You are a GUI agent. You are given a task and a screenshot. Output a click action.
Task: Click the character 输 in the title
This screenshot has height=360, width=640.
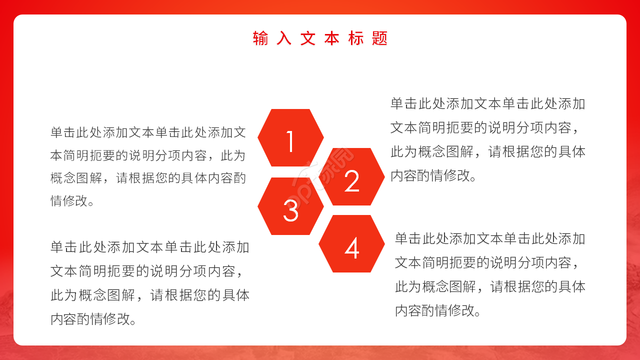coord(260,38)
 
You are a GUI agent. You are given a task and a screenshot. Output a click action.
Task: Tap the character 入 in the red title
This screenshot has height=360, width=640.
coord(284,38)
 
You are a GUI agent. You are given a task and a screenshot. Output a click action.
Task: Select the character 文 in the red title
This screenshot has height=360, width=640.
coord(307,38)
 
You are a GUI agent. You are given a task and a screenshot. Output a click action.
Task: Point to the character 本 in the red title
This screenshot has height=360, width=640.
coord(331,38)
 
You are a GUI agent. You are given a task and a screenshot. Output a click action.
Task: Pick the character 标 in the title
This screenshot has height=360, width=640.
coord(355,38)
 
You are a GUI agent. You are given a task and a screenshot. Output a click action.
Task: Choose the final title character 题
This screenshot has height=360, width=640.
coord(379,38)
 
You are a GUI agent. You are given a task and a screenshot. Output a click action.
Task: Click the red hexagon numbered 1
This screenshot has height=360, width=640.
coord(290,138)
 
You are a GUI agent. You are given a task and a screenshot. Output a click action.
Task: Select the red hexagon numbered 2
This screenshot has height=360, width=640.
coord(351,177)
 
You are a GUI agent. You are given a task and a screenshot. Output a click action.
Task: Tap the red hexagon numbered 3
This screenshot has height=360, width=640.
coord(290,206)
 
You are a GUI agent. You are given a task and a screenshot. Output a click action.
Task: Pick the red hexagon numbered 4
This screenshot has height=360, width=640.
coord(351,244)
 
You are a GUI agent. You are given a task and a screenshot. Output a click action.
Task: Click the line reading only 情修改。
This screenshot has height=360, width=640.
coord(72,201)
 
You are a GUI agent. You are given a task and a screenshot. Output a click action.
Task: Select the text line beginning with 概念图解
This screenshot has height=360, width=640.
coord(148,178)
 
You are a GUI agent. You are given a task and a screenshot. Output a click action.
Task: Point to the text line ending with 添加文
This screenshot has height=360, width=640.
coord(148,132)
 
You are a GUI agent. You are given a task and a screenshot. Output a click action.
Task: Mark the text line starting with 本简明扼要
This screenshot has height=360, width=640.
coord(148,155)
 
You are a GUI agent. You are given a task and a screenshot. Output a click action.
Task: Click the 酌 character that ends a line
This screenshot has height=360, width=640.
coord(239,178)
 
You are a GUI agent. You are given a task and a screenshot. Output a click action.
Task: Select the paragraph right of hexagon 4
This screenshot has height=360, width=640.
coord(490,274)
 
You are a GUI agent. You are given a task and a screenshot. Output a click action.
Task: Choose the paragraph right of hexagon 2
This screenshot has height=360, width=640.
coord(487,140)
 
